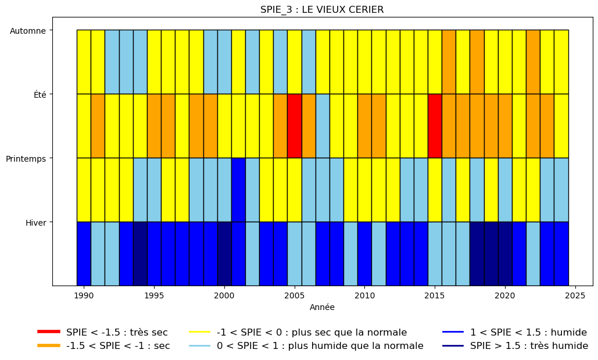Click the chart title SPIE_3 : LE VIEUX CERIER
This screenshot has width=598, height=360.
(322, 9)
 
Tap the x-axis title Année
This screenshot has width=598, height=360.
(322, 307)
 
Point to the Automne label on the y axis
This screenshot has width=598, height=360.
(28, 31)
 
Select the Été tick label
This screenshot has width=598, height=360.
(40, 95)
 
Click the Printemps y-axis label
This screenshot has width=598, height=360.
(26, 159)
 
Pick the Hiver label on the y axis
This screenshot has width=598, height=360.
(36, 223)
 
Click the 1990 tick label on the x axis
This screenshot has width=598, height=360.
(84, 295)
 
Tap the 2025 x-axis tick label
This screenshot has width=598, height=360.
(575, 295)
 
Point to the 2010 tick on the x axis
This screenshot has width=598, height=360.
(364, 295)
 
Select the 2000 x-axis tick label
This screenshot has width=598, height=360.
(224, 295)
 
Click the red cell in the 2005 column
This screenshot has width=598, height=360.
(295, 126)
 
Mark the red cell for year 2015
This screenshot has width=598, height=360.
(435, 126)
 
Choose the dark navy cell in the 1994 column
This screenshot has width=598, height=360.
(140, 254)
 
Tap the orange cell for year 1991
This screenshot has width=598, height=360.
(98, 126)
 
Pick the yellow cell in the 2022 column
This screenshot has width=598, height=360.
(533, 190)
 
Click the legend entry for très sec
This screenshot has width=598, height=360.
(103, 332)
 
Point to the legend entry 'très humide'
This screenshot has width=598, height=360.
(515, 346)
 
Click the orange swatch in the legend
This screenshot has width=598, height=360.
(49, 346)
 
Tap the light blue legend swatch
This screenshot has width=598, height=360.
(200, 346)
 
